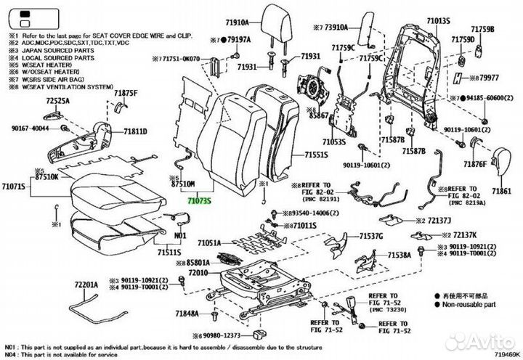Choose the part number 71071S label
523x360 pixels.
pyautogui.click(x=14, y=187)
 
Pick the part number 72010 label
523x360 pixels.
pyautogui.click(x=198, y=272)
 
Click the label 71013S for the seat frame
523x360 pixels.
pyautogui.click(x=439, y=22)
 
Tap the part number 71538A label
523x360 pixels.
pyautogui.click(x=399, y=255)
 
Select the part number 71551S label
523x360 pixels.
pyautogui.click(x=315, y=155)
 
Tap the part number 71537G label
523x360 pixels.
pyautogui.click(x=370, y=237)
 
